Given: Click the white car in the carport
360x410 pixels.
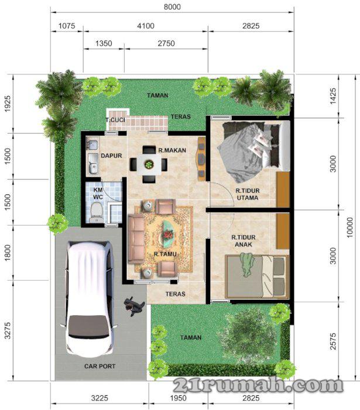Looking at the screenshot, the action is [90, 299].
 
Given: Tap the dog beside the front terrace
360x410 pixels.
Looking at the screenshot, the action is [134, 306].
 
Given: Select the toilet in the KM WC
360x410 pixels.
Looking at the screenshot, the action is [97, 213].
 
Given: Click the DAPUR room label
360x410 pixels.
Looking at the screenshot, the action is [111, 156].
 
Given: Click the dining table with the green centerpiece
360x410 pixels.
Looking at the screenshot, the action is [149, 165].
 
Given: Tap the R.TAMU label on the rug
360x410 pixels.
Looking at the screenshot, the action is [165, 254].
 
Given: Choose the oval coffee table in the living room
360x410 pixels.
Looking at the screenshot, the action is [169, 234].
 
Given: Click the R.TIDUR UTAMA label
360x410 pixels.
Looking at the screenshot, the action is [248, 194].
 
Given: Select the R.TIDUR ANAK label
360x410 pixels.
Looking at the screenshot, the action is [244, 241].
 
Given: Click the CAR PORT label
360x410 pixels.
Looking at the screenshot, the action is [100, 366].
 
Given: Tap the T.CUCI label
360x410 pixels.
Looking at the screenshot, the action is [115, 120].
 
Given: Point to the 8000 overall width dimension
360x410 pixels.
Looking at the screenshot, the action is [172, 7].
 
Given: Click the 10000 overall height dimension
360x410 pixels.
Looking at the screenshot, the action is [350, 227].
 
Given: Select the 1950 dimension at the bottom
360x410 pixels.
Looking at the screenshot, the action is [179, 398].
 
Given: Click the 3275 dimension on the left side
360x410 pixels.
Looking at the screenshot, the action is [8, 330].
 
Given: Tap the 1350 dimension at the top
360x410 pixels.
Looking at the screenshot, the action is [104, 43].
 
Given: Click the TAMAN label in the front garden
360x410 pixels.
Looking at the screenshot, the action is [191, 337].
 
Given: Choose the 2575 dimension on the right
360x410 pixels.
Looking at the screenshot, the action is [333, 341].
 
